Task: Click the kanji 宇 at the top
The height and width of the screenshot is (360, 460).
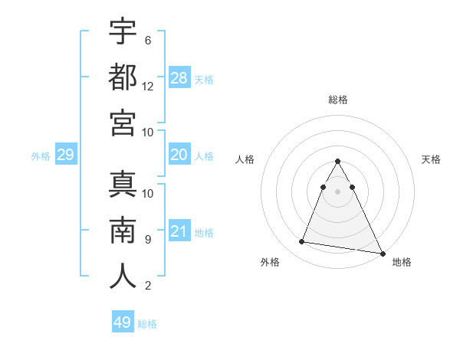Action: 123,31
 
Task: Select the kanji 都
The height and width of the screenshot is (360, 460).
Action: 123,77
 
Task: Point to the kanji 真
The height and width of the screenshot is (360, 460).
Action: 123,183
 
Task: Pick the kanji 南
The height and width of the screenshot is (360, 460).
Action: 123,229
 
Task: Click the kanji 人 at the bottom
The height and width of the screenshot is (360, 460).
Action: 123,275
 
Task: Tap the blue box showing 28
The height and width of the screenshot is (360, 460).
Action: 179,78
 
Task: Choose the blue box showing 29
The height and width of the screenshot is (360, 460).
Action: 65,155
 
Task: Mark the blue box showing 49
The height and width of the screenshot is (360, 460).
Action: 123,322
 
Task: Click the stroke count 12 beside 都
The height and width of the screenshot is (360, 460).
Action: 149,86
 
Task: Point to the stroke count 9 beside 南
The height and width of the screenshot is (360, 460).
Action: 148,239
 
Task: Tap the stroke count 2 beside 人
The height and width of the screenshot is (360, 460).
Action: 148,286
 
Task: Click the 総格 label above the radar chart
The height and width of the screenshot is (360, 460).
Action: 338,100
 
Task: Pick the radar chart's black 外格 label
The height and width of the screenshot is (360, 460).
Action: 270,263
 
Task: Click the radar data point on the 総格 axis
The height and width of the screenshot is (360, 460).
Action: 338,161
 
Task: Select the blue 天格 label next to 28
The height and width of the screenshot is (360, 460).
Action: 204,79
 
